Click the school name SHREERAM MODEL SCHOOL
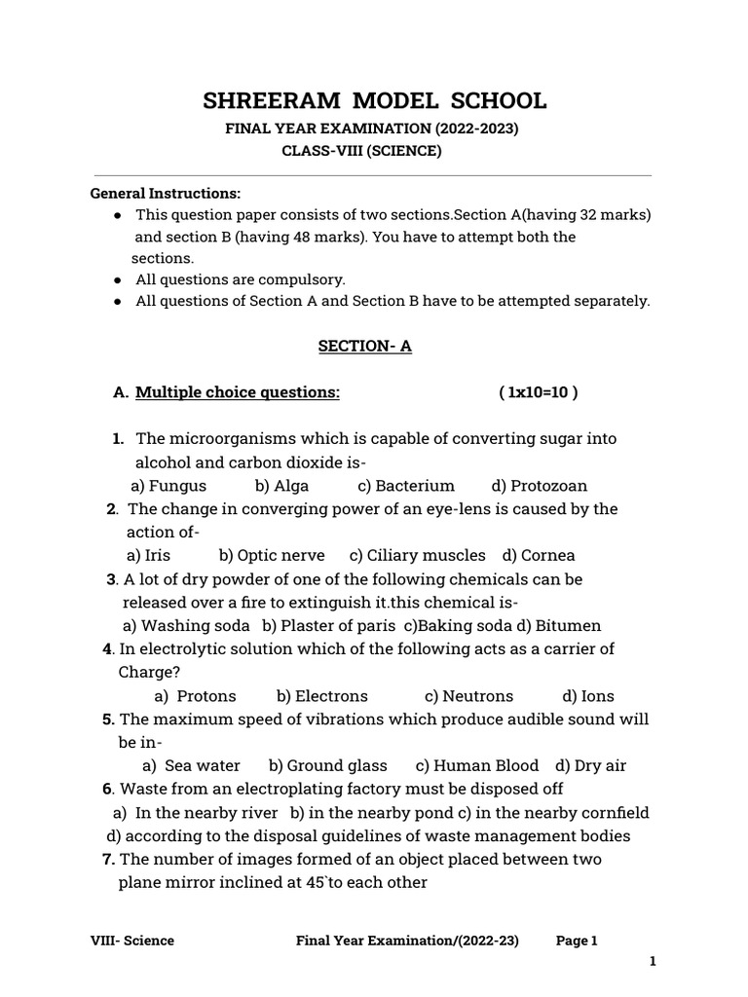[x=374, y=101]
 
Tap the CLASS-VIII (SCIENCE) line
[x=361, y=151]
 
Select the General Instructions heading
[x=166, y=193]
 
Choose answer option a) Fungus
[x=168, y=485]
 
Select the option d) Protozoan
[x=540, y=485]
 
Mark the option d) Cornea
[x=539, y=555]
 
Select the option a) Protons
[x=195, y=695]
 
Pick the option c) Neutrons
[x=468, y=695]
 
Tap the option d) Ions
[x=588, y=695]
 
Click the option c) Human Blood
[x=476, y=765]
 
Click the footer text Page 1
[x=577, y=940]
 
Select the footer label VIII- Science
[x=132, y=940]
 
